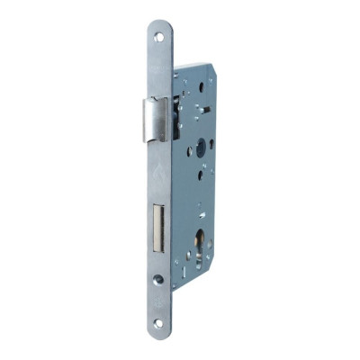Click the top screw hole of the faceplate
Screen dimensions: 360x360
coord(159,37)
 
